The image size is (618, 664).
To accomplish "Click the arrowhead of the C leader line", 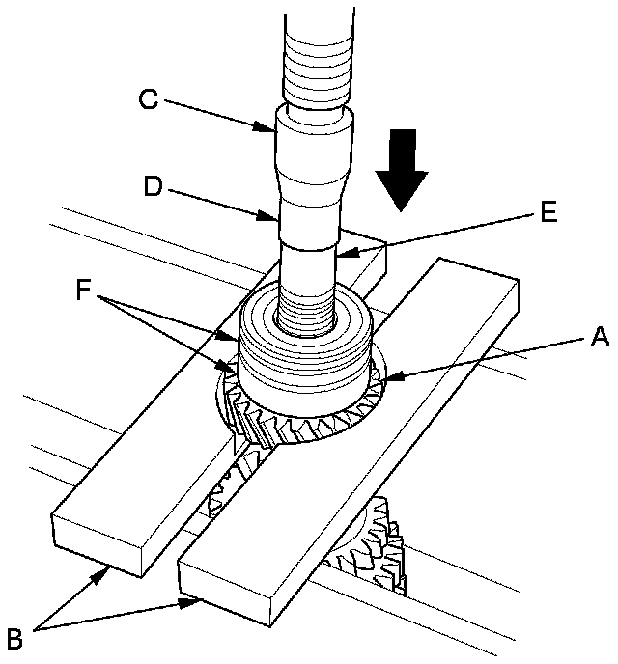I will pos(276,127).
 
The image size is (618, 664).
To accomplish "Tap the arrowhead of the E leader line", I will pos(342,256).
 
